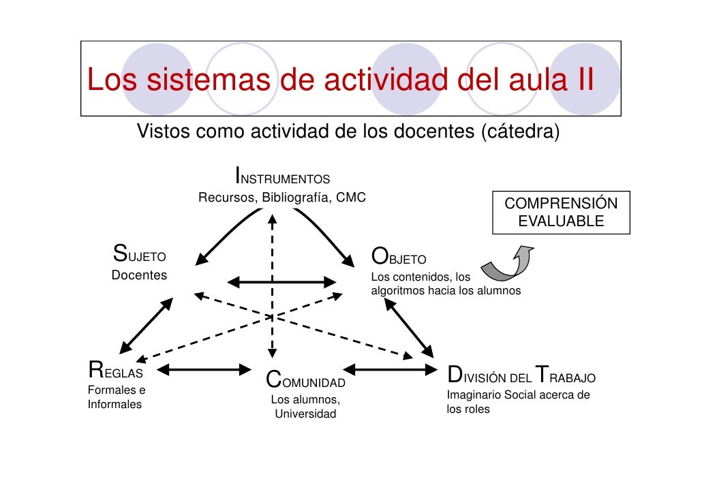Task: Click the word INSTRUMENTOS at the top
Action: (283, 177)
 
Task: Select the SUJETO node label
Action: (140, 256)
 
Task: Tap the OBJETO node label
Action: (399, 258)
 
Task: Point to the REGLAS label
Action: (115, 372)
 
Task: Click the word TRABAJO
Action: (566, 376)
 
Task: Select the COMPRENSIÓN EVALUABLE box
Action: (561, 213)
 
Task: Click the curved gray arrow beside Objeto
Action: (507, 264)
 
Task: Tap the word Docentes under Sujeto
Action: (139, 275)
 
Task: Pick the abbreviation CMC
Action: (351, 198)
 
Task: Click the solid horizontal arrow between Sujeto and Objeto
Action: (281, 281)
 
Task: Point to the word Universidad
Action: (305, 414)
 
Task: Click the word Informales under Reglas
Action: (115, 404)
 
